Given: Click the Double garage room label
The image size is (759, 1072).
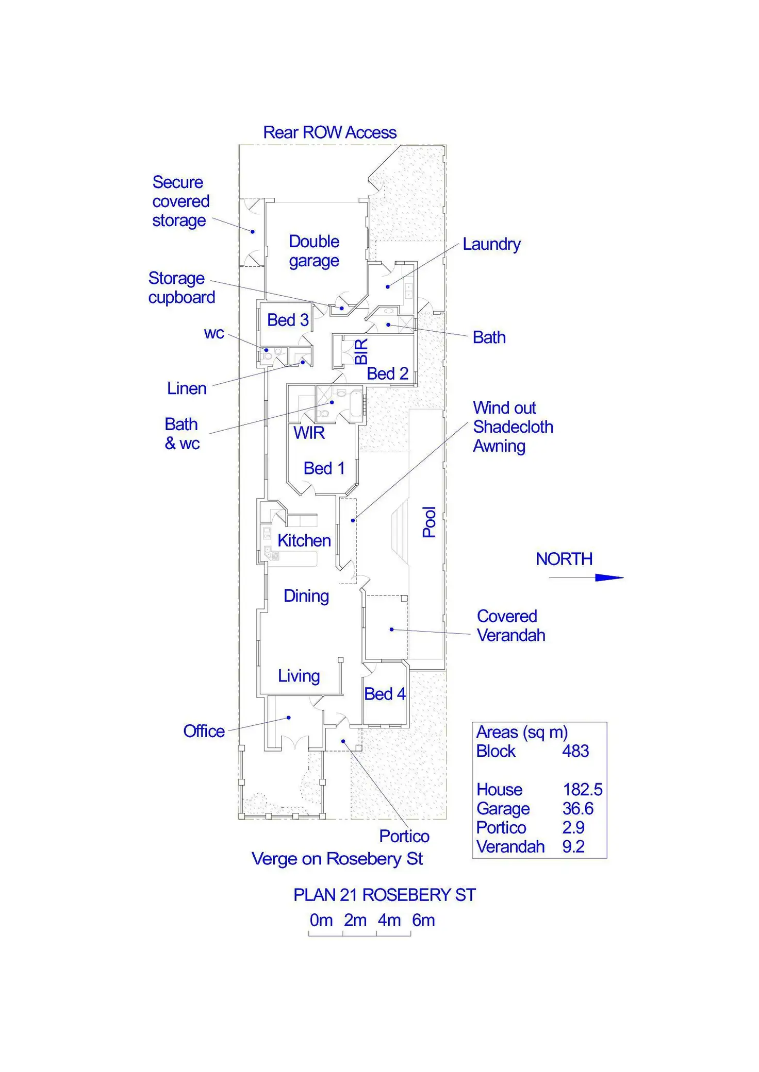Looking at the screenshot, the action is point(313,251).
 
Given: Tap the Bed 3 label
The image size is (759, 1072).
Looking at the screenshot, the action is point(288,320).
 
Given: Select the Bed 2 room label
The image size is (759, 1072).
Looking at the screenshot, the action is point(387,373).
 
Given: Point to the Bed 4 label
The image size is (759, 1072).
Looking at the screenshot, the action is point(385,694).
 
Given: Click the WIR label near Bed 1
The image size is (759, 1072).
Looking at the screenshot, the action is point(309,433).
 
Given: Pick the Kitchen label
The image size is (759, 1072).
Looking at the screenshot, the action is point(304,540).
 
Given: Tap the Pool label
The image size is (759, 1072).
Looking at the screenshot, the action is point(430,522).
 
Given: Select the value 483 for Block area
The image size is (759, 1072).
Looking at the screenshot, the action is point(575,751).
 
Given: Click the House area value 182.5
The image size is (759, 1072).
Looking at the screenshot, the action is point(582,789).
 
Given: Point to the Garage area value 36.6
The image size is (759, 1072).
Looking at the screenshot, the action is point(577,808).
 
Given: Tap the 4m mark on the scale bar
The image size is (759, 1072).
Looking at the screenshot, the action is point(389,920).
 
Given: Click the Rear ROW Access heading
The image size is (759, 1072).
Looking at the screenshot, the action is point(329,132).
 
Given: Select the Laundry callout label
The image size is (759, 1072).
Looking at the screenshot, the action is point(491,244).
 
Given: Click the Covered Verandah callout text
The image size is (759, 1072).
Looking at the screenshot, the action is point(510,625).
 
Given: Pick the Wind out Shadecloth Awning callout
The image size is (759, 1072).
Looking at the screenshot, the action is point(513,427).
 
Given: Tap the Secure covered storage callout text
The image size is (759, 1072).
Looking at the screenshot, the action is point(180,201).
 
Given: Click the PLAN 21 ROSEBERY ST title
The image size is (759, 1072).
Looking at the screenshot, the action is point(384,895).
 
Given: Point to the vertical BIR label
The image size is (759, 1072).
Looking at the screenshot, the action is point(361,351).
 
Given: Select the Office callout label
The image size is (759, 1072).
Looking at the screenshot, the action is point(204,731).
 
